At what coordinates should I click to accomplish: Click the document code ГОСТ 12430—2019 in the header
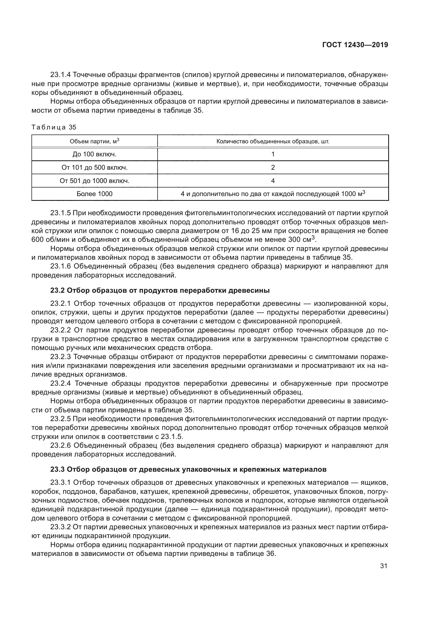point(355,45)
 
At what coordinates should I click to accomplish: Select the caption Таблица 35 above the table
point(54,127)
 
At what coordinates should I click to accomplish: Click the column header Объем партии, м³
point(94,141)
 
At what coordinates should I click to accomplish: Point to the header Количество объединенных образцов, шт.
point(273,141)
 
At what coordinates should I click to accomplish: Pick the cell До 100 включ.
point(94,154)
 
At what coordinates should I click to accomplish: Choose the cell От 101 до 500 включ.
point(94,168)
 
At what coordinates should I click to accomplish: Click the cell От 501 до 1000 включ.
point(94,181)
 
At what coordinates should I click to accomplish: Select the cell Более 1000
point(94,194)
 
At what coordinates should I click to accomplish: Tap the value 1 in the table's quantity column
point(273,154)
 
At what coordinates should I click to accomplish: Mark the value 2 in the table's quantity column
point(273,168)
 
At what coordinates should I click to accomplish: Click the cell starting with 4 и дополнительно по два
point(273,194)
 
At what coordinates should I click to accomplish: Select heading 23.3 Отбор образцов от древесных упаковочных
point(189,469)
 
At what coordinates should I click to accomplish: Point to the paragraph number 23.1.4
point(61,75)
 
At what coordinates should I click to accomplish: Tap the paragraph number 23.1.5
point(61,213)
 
